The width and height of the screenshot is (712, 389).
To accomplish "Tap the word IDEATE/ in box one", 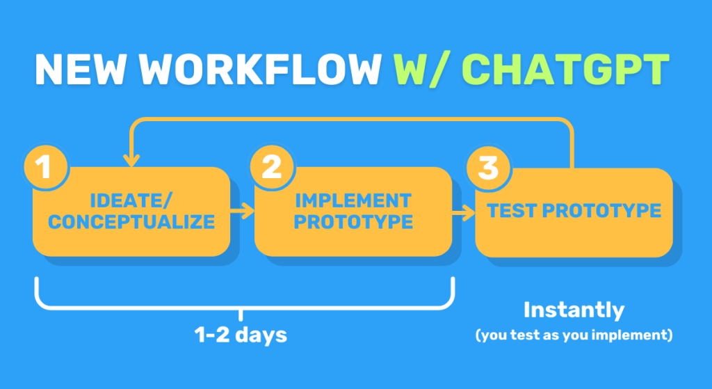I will pyautogui.click(x=131, y=202).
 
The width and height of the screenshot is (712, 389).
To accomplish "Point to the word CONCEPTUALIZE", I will pyautogui.click(x=131, y=222).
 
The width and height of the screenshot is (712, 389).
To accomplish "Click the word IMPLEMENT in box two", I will pyautogui.click(x=353, y=201).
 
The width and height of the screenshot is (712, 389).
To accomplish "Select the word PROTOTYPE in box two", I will pyautogui.click(x=353, y=222).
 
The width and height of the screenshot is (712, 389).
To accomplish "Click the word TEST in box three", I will pyautogui.click(x=513, y=210).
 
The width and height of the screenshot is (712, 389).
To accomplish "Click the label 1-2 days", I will pyautogui.click(x=241, y=334).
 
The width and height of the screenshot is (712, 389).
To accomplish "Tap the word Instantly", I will pyautogui.click(x=574, y=310).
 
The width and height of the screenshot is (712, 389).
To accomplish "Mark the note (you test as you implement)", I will pyautogui.click(x=574, y=335).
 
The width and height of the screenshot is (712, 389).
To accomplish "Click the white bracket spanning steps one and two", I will pyautogui.click(x=243, y=304).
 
